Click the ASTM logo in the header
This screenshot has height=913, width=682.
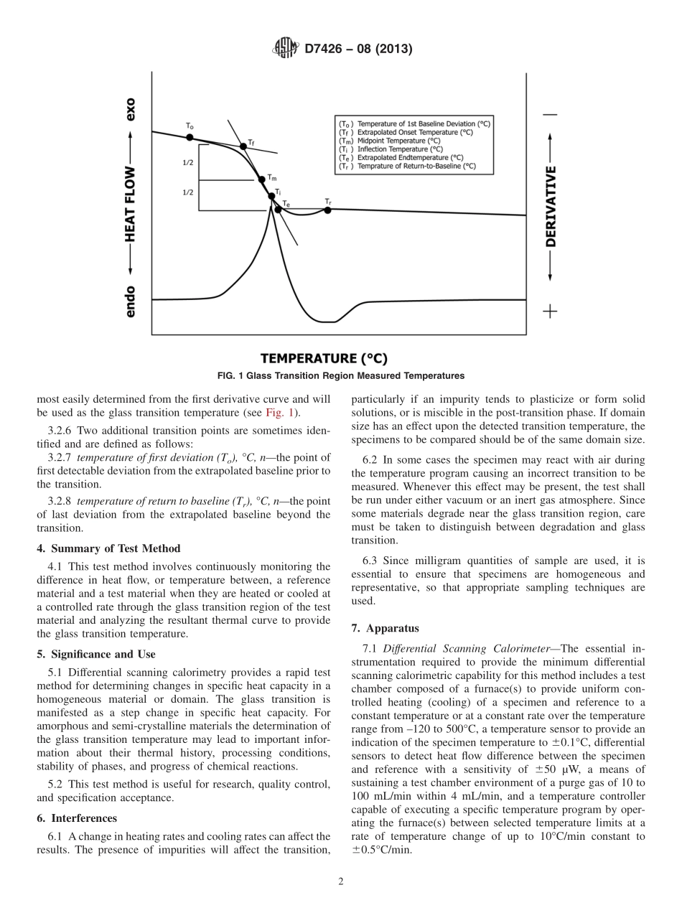286,50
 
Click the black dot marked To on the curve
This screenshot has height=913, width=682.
190,137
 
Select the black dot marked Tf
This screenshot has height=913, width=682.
243,146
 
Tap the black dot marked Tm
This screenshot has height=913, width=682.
261,179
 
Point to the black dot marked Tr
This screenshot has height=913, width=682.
327,210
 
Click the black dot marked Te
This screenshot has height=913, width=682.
278,210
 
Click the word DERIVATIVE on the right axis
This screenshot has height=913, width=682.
551,207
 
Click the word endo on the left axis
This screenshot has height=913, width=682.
130,301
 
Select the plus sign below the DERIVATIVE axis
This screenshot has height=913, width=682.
550,311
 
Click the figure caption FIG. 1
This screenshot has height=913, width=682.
340,375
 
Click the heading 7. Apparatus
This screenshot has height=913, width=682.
385,628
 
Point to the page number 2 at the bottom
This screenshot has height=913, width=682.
341,882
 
